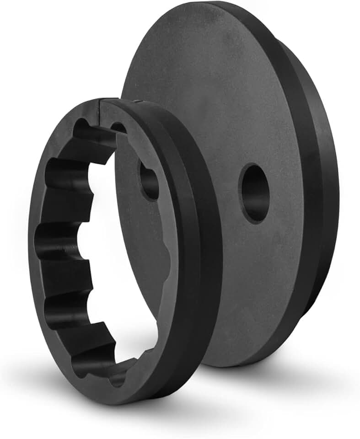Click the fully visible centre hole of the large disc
pyautogui.click(x=254, y=193)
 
